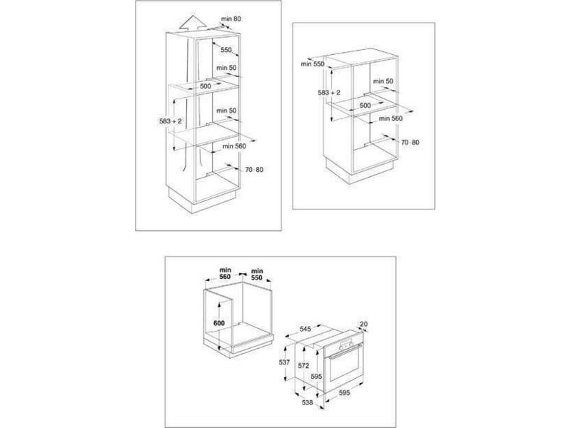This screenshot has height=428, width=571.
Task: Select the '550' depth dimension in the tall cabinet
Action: (x=226, y=51)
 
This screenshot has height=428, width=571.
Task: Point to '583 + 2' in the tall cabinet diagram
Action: (x=161, y=122)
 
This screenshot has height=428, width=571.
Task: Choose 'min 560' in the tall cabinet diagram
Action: (x=234, y=146)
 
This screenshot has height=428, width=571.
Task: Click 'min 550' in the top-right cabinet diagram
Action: (x=313, y=64)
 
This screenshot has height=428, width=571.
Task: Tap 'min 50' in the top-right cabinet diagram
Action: (x=385, y=81)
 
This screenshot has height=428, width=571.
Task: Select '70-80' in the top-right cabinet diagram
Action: (x=410, y=143)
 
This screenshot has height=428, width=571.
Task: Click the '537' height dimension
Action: (x=283, y=362)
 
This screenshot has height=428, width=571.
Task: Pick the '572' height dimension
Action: (x=303, y=365)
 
